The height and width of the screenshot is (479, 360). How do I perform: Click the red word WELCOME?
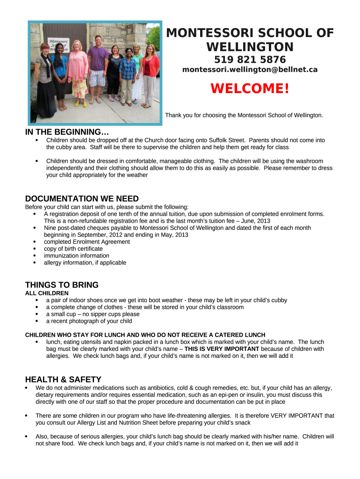click(x=250, y=88)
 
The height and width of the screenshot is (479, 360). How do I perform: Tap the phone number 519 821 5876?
click(x=250, y=60)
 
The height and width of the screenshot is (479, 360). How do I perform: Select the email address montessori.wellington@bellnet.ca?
click(x=250, y=70)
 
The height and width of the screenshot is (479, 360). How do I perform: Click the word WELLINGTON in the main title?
click(x=250, y=47)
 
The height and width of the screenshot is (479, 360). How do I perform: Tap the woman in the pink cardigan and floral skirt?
click(x=78, y=70)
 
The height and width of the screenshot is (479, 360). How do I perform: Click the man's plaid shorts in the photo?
click(x=97, y=78)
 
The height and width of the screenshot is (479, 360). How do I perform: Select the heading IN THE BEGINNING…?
click(x=67, y=132)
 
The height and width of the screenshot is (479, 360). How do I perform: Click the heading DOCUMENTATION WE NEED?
click(x=82, y=199)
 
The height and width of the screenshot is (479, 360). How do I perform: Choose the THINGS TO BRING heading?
click(x=62, y=285)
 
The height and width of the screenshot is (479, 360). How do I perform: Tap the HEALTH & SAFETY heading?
click(x=63, y=379)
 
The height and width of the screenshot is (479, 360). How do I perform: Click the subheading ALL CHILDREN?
click(x=47, y=293)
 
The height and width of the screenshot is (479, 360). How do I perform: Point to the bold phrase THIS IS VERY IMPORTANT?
click(x=222, y=349)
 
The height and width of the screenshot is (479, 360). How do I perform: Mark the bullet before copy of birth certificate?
click(x=36, y=249)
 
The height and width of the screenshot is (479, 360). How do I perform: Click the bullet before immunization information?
click(x=36, y=256)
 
